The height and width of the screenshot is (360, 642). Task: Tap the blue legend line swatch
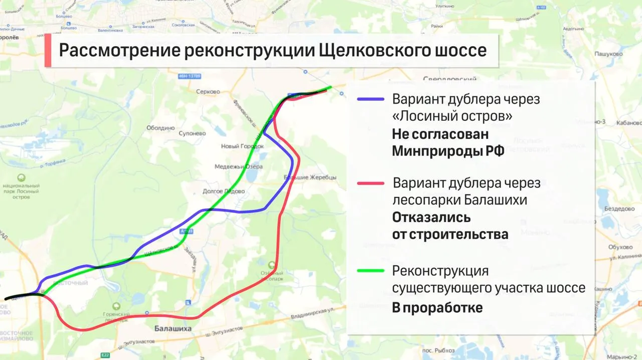pyautogui.click(x=371, y=99)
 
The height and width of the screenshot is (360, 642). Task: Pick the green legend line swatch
pyautogui.click(x=371, y=271)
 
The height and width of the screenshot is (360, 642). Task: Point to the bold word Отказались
pyautogui.click(x=431, y=218)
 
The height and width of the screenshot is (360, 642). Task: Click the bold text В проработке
pyautogui.click(x=437, y=307)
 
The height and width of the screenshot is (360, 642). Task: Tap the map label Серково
pyautogui.click(x=209, y=92)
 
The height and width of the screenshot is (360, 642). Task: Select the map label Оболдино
pyautogui.click(x=160, y=128)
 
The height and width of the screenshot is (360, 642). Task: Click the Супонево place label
pyautogui.click(x=192, y=134)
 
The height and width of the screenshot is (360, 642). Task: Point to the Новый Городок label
pyautogui.click(x=242, y=146)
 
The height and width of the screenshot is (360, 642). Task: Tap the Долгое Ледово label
pyautogui.click(x=224, y=192)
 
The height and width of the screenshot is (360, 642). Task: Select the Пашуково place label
pyautogui.click(x=608, y=54)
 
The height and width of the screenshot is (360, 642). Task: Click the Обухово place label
pyautogui.click(x=620, y=247)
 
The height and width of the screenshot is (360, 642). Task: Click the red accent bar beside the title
pyautogui.click(x=48, y=50)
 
